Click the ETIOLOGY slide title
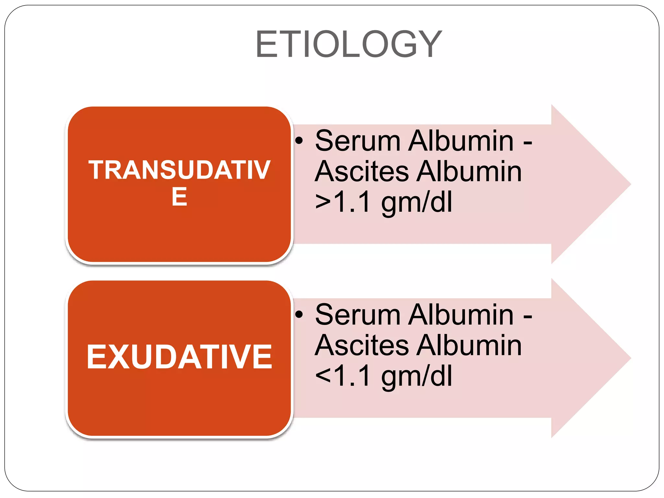coord(349,44)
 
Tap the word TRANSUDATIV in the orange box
coord(179,170)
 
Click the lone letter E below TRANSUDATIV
coord(179,197)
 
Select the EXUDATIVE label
coord(179,357)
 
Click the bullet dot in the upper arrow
coord(299,141)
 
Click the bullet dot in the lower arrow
coord(299,314)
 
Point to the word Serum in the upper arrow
coord(358,141)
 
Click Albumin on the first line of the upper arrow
coord(461,141)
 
